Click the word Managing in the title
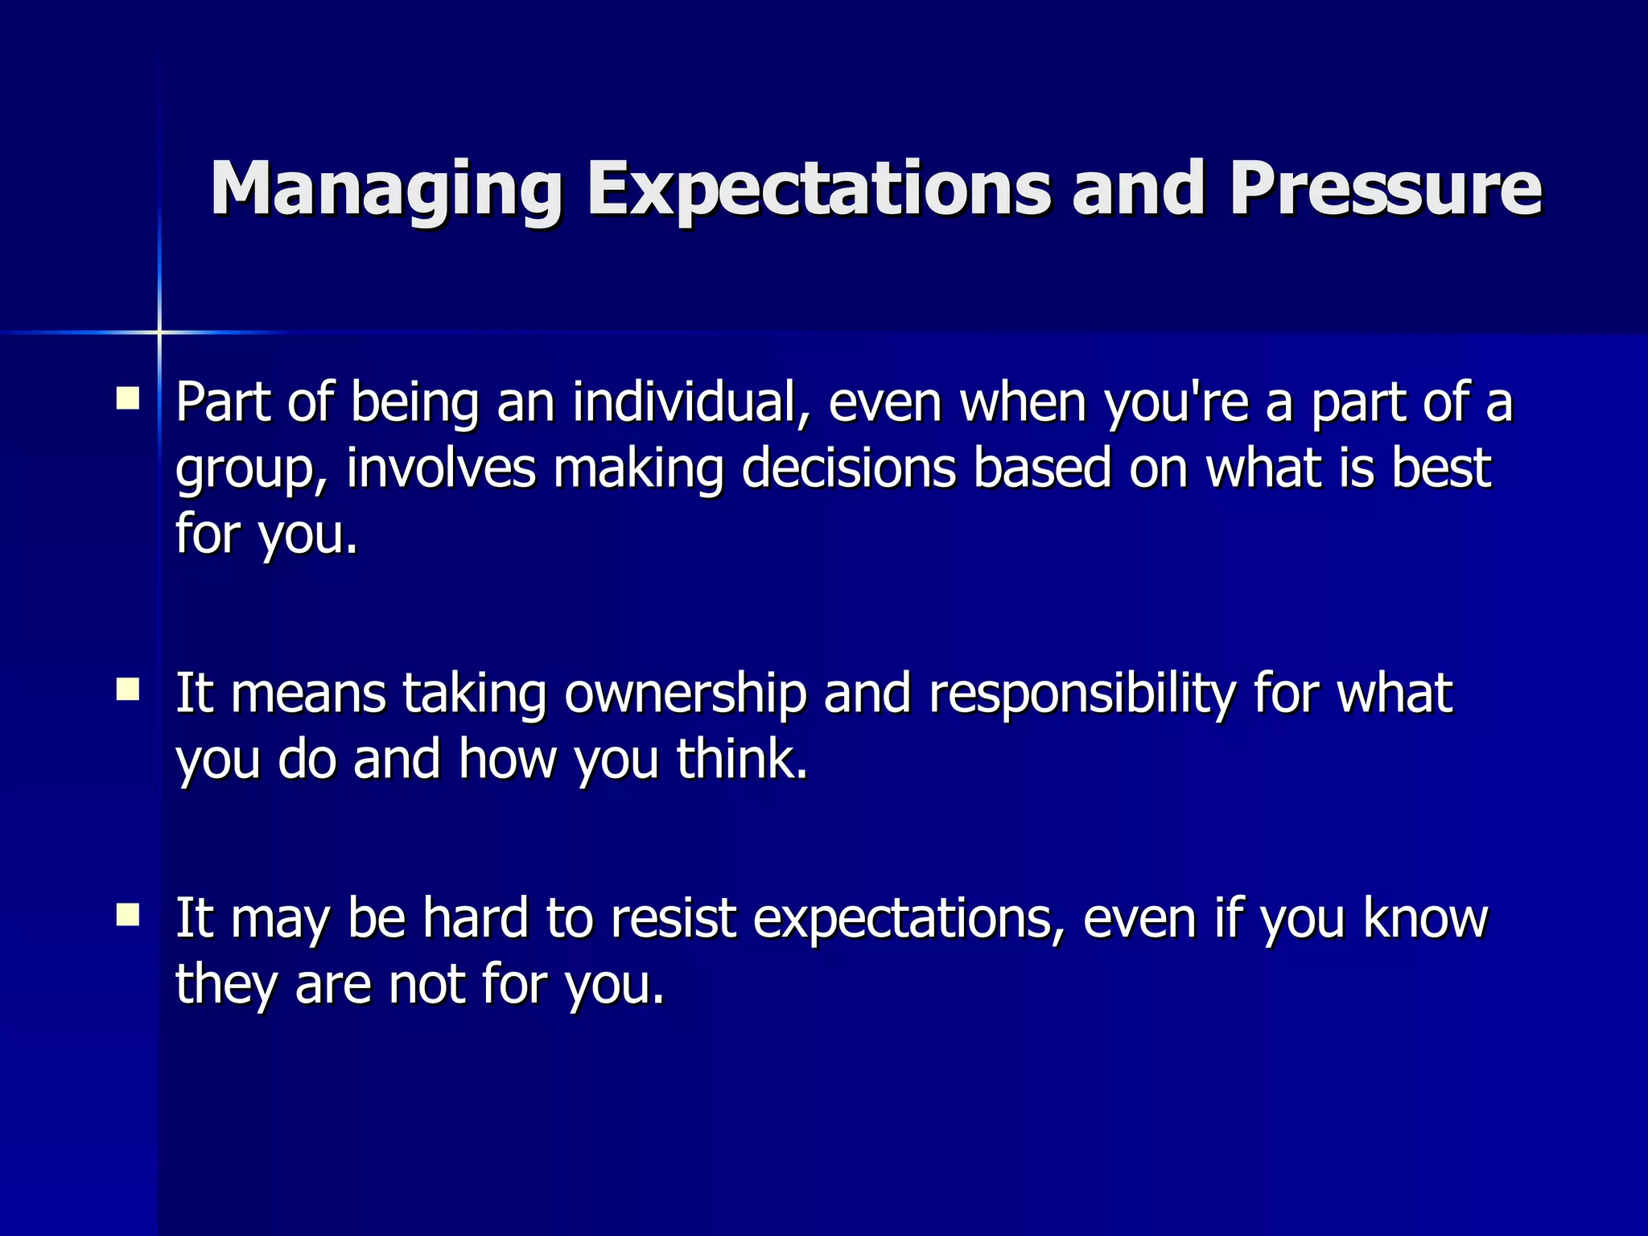pos(386,190)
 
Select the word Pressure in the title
pos(1385,190)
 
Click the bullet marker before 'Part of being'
pos(127,399)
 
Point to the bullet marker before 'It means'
pos(127,690)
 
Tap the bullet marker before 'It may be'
pos(127,915)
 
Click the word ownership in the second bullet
pos(685,694)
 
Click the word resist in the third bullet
pos(673,918)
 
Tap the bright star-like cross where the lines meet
pos(159,332)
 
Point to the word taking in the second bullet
pos(475,694)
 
